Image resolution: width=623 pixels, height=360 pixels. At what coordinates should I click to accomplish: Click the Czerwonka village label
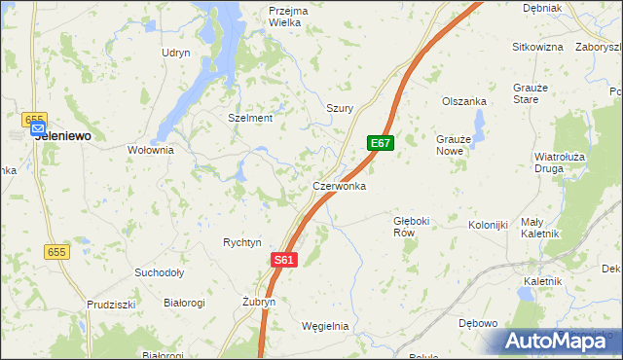pyautogui.click(x=339, y=185)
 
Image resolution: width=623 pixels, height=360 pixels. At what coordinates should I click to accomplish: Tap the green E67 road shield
pyautogui.click(x=381, y=144)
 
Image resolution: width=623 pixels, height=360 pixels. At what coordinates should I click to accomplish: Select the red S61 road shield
pyautogui.click(x=282, y=260)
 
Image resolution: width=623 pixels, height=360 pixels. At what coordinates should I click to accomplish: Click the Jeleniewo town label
pyautogui.click(x=63, y=137)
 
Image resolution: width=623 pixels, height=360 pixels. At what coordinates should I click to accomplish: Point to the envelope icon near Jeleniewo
pyautogui.click(x=37, y=127)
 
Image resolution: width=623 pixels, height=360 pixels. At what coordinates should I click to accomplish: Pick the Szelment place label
pyautogui.click(x=250, y=118)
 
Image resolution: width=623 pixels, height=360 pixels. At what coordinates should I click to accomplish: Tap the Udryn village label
pyautogui.click(x=176, y=53)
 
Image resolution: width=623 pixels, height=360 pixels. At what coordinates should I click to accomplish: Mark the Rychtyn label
pyautogui.click(x=242, y=242)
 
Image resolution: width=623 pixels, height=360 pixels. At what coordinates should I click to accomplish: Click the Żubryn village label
pyautogui.click(x=259, y=302)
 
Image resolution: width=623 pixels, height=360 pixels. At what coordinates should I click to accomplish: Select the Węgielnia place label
pyautogui.click(x=325, y=326)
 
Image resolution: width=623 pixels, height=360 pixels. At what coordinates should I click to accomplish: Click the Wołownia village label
pyautogui.click(x=151, y=150)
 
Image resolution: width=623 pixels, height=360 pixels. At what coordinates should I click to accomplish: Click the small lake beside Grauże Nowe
pyautogui.click(x=478, y=124)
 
